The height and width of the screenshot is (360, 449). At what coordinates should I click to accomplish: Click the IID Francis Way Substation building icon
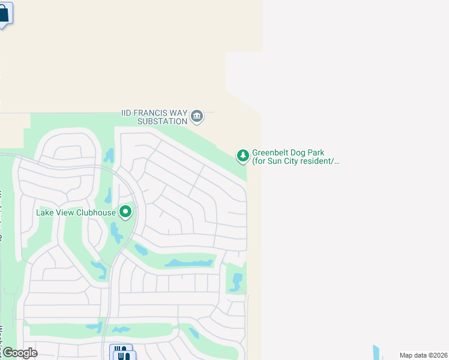[x=197, y=116]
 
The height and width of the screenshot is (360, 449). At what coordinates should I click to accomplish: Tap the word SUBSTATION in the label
[x=163, y=121]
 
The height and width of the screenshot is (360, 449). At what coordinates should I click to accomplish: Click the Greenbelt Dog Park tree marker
[x=243, y=156]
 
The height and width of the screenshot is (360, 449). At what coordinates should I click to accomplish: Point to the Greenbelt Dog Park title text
[x=288, y=153]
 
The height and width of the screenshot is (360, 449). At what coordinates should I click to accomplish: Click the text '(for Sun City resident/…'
[x=296, y=161]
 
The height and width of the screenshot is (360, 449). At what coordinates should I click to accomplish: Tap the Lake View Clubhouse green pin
[x=125, y=212]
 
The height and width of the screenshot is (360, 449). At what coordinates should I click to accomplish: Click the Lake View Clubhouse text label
[x=76, y=212]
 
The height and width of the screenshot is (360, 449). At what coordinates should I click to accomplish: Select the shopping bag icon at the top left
[x=4, y=13]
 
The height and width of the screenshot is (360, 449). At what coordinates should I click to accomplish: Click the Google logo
[x=19, y=353]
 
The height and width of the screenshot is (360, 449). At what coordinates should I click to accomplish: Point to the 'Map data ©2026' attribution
[x=423, y=355]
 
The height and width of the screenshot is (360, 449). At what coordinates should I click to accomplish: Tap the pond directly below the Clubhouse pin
[x=116, y=231]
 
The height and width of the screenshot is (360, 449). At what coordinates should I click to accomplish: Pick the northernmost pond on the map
[x=109, y=156]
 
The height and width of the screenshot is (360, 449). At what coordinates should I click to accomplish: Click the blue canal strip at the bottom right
[x=376, y=352]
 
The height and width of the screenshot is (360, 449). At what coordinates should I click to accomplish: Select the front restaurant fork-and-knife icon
[x=125, y=356]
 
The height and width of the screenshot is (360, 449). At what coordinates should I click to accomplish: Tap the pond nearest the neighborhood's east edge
[x=237, y=281]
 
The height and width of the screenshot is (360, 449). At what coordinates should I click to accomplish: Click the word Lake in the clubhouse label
[x=45, y=212]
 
